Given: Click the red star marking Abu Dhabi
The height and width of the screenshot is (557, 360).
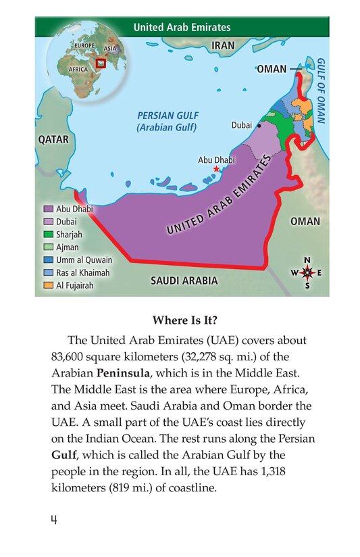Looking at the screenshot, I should coord(215,169).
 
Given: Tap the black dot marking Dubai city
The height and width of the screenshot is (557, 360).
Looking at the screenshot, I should coord(259,125).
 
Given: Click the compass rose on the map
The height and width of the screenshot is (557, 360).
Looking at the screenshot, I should coord(307,273).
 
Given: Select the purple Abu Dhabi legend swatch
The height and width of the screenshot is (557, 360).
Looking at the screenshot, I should coord(48,209).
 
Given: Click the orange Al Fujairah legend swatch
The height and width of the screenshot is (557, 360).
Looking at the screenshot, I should coord(48,285).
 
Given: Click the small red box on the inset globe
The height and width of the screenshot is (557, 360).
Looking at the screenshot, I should coord(101,64).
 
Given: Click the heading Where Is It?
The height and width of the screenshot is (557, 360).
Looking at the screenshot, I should coord(180,320).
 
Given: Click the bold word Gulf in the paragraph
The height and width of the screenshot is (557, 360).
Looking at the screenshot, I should coord(66,453).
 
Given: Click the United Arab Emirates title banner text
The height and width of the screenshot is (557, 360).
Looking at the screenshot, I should coord(182,28).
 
